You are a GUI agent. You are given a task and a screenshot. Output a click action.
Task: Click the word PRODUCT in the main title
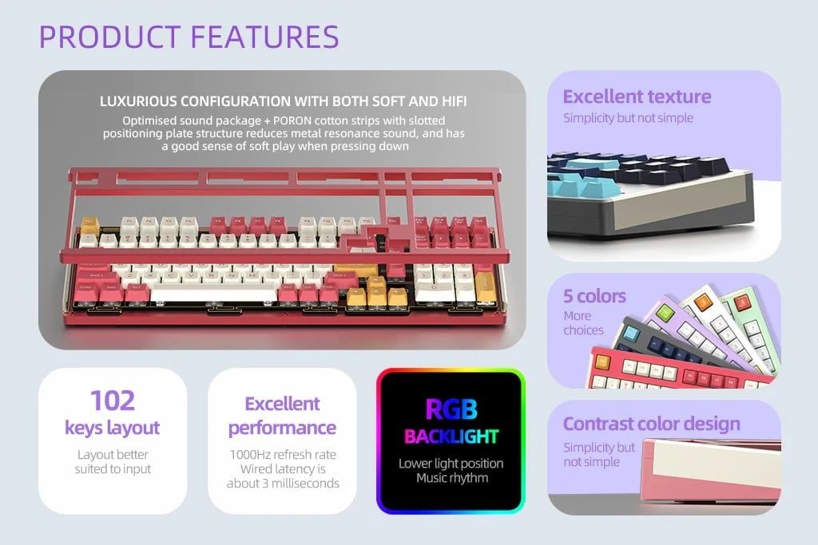click(109, 37)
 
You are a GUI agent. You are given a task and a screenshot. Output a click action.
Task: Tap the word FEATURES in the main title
click(264, 37)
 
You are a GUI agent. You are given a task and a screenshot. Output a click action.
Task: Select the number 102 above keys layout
click(113, 401)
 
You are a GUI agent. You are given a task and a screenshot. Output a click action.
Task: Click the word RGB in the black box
click(451, 409)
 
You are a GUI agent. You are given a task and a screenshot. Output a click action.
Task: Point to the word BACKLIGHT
click(451, 436)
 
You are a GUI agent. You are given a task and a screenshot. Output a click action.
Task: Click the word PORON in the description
click(292, 120)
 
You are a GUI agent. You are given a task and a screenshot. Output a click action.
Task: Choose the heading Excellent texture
click(637, 97)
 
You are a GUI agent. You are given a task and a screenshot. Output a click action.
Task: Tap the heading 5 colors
click(594, 296)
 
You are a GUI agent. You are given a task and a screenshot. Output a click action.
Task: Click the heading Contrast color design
click(652, 424)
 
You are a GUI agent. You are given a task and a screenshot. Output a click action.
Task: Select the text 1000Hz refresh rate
click(283, 454)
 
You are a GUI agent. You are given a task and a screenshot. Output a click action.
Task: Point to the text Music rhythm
click(452, 478)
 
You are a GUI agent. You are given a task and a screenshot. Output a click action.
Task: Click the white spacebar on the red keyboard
click(213, 295)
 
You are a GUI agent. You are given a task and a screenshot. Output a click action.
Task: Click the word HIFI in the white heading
click(454, 101)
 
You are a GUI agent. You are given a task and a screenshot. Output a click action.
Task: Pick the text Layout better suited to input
click(113, 462)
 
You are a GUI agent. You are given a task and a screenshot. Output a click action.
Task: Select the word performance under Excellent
click(282, 428)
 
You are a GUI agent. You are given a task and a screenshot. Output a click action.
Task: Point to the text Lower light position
click(451, 463)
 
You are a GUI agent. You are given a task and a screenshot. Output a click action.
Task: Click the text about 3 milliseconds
click(283, 484)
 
